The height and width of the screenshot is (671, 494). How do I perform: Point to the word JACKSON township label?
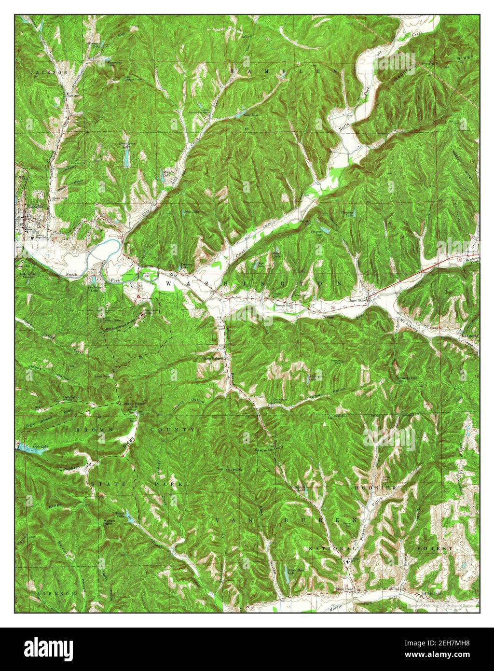[x=49, y=72]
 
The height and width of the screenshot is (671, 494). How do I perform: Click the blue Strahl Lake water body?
[x=129, y=518]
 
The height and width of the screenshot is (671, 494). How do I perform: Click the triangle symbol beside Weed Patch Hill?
[x=119, y=402]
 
